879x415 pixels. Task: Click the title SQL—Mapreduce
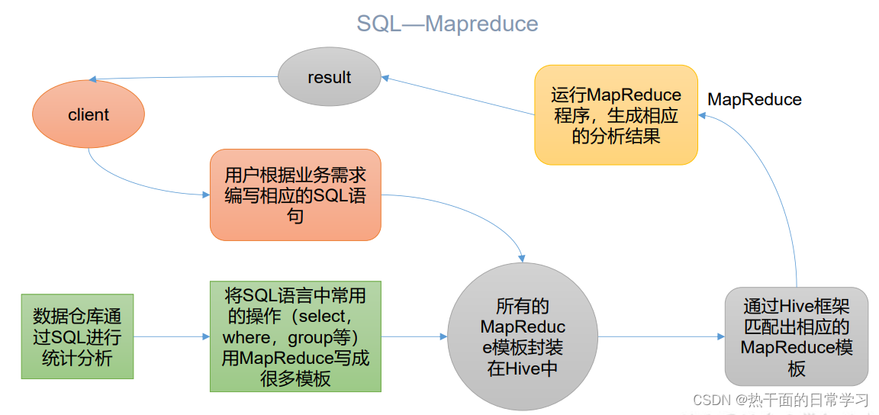coord(447,24)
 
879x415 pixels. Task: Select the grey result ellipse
coord(329,77)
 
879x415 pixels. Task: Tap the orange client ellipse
coord(89,115)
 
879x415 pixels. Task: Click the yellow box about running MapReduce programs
coord(616,115)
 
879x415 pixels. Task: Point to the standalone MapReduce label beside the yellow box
coord(755,99)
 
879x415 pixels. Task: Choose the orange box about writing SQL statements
coord(295,195)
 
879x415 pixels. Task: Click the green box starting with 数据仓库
coord(77,336)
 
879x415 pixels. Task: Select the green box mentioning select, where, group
coord(295,336)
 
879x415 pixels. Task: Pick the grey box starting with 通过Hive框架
coord(797,336)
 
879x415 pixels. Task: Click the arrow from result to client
coord(183,78)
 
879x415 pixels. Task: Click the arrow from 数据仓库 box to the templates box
coord(172,336)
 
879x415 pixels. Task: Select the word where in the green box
coord(246,336)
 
